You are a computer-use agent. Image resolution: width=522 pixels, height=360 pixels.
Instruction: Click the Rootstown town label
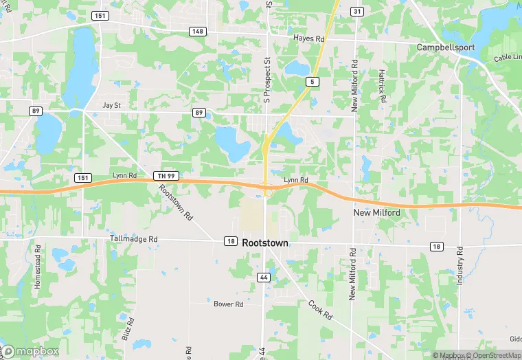coord(265,243)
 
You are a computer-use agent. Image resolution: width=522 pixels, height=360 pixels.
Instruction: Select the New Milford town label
coord(376,213)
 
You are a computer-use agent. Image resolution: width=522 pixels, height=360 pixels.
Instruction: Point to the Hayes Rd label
coord(308,39)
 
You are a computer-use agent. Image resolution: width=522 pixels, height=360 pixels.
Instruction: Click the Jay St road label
coord(111,105)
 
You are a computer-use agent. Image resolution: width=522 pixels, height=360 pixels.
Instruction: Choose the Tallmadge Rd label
coord(134,238)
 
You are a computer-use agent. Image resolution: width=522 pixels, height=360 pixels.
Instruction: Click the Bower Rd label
coord(229,304)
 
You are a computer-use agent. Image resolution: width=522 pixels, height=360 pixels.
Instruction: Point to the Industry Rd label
coord(462,268)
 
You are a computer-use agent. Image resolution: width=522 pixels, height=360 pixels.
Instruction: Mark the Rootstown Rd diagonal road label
coord(177,202)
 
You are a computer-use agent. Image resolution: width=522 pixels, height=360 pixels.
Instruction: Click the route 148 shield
coord(198,31)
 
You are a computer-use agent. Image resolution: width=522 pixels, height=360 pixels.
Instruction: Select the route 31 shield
coord(356,12)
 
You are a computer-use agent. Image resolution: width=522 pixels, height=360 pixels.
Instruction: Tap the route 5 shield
coord(313,82)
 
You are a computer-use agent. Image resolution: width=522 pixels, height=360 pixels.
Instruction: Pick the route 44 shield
coord(264,278)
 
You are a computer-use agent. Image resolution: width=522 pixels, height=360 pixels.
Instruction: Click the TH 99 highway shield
coord(166,177)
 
